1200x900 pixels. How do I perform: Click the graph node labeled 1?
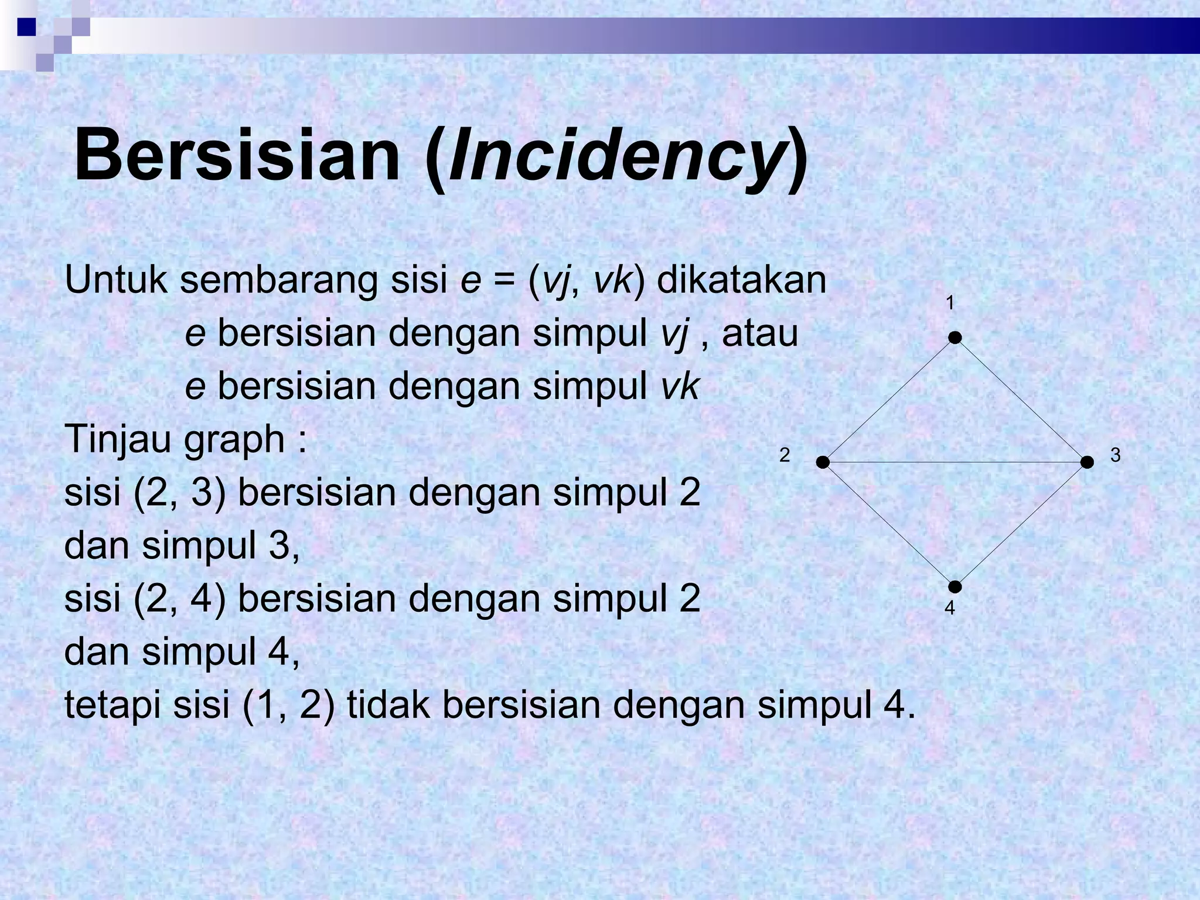955,337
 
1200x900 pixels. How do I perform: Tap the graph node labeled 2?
823,462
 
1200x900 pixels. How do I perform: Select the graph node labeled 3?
1087,462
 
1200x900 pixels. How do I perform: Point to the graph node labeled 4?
955,587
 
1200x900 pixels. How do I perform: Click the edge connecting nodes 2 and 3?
955,462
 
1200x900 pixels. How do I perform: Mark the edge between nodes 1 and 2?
889,400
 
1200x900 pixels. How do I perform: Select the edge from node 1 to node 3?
1021,400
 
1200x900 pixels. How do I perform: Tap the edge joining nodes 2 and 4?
889,524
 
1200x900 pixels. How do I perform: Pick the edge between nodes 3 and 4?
1021,524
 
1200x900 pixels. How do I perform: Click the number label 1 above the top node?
950,303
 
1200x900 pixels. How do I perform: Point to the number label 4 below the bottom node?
950,609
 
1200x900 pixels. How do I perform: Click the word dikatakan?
741,280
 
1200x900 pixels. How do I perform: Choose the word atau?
760,333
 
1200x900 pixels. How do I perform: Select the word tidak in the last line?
390,705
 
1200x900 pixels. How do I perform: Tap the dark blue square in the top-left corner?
26,27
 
